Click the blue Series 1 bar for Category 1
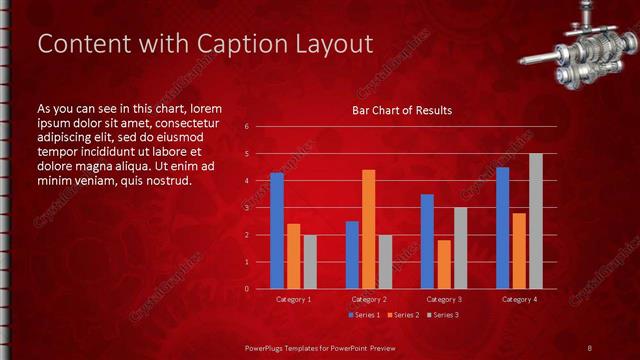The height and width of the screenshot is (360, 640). click(x=277, y=231)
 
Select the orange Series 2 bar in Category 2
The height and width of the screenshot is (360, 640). click(x=369, y=229)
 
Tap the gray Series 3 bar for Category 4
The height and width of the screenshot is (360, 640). click(x=535, y=221)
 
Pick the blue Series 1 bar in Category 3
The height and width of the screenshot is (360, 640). click(x=427, y=241)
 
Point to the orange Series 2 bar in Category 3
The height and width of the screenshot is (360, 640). click(x=444, y=264)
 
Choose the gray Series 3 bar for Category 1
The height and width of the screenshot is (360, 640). click(x=310, y=262)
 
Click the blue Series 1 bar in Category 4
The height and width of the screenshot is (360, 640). click(x=502, y=228)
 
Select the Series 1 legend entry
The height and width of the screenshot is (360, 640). click(x=364, y=315)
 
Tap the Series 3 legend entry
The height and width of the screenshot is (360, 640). click(x=442, y=315)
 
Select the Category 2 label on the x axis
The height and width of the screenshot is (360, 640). click(x=369, y=299)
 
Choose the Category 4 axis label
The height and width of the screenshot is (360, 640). click(x=519, y=299)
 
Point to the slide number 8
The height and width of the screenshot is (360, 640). click(x=590, y=347)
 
